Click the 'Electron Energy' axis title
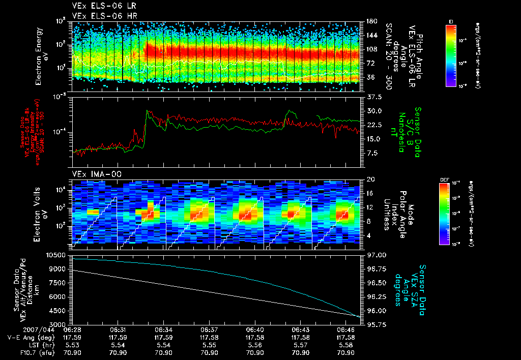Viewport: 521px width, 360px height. pyautogui.click(x=39, y=56)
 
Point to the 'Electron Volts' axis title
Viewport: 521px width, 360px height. pyautogui.click(x=39, y=213)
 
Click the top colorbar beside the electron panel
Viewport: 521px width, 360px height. pyautogui.click(x=451, y=54)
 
